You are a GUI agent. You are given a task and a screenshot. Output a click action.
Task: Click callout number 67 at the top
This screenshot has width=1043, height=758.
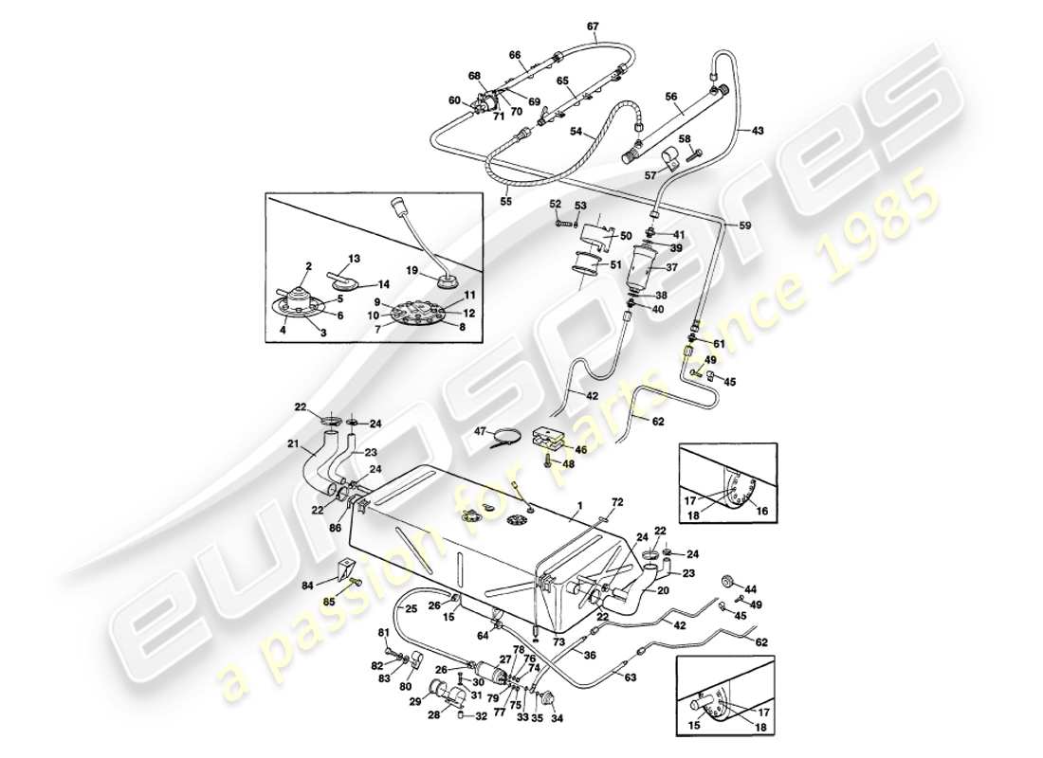click(x=593, y=26)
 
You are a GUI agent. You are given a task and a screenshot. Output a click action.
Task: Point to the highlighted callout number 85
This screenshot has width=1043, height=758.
click(x=328, y=600)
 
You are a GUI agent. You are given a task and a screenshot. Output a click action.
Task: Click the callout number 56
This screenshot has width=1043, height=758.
click(x=670, y=96)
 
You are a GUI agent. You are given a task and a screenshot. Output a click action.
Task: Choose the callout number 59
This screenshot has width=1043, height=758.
click(x=745, y=225)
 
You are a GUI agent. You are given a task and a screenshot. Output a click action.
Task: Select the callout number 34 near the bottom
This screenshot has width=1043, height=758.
click(x=557, y=717)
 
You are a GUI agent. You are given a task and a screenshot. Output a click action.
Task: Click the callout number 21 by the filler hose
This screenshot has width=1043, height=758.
click(x=293, y=442)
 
